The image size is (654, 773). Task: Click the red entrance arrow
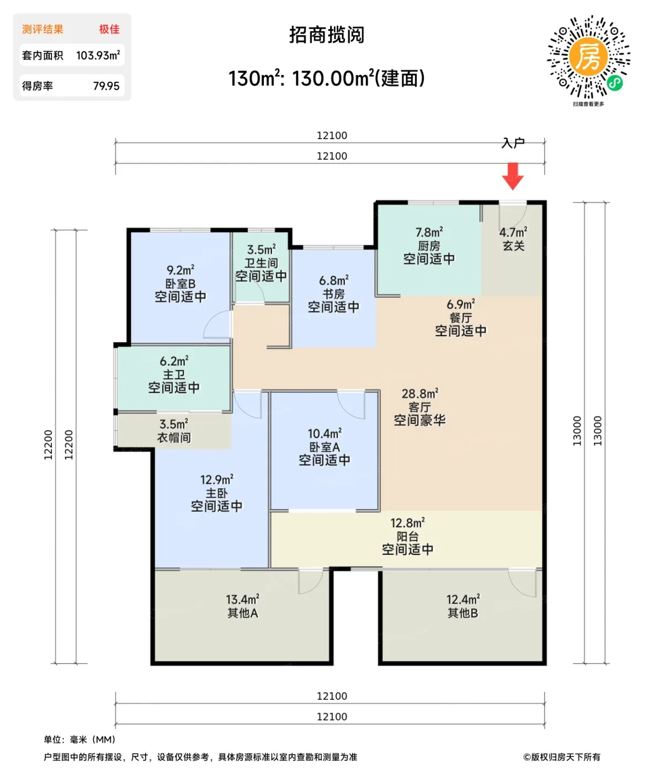tap(512, 176)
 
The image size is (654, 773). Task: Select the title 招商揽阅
tap(327, 35)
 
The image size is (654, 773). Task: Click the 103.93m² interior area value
tap(98, 55)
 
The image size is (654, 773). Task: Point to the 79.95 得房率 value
tap(106, 86)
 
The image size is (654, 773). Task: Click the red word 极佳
tap(109, 29)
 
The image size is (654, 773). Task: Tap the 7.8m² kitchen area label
tap(429, 232)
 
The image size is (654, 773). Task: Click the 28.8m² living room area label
tap(419, 394)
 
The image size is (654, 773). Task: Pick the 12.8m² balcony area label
tap(407, 523)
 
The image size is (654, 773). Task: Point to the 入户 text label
tap(513, 143)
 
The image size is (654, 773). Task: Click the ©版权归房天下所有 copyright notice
tap(561, 757)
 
